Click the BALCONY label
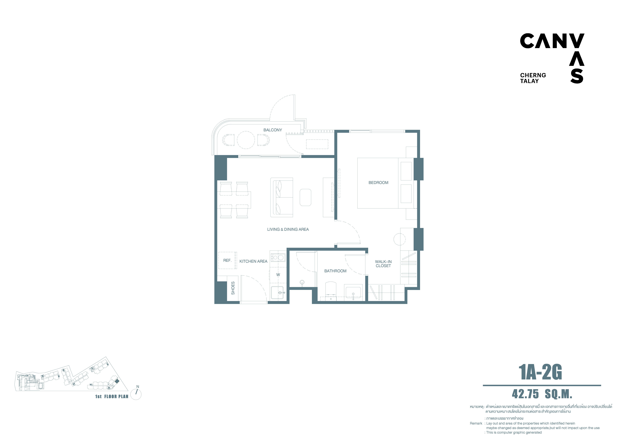click(273, 130)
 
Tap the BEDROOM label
click(378, 183)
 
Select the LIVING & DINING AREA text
click(288, 229)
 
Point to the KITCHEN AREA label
click(253, 261)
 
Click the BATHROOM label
click(335, 271)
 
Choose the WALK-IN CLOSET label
click(383, 264)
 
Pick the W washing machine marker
click(278, 275)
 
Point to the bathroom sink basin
click(353, 293)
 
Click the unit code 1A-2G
click(540, 373)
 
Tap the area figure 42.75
click(525, 394)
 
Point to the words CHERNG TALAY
click(533, 78)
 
